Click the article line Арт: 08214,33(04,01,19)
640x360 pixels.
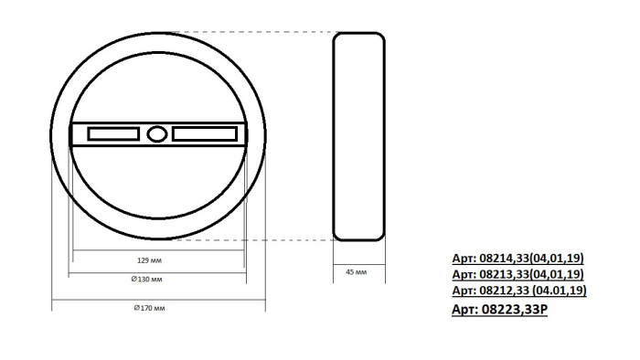(x=518, y=259)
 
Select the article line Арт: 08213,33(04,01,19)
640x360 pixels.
(x=518, y=274)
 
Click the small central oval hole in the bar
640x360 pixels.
(x=156, y=134)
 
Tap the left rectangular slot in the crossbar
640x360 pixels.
(x=113, y=134)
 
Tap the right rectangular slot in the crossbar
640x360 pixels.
(x=202, y=134)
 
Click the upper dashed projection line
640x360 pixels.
(x=256, y=32)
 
